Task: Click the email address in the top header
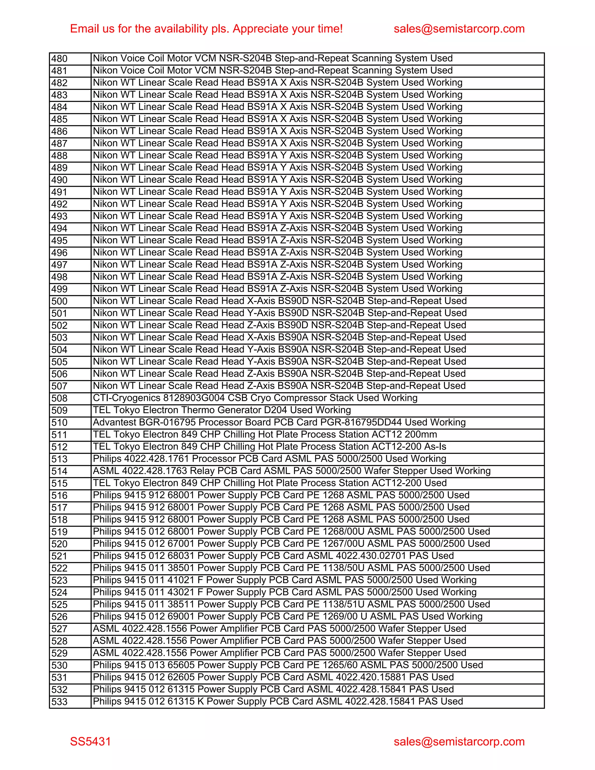coord(459,28)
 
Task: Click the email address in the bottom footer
coord(459,742)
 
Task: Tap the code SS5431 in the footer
coord(90,742)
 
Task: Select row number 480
coord(59,58)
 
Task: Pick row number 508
coord(59,398)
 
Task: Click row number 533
coord(59,702)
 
